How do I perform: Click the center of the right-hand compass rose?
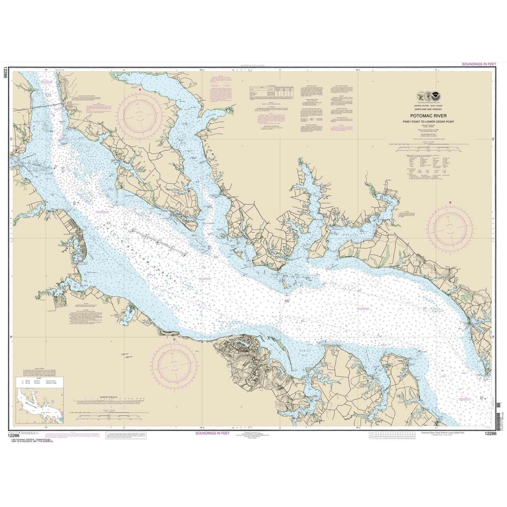click(450, 227)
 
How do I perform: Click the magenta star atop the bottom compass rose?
click(175, 339)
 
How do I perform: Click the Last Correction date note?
click(30, 441)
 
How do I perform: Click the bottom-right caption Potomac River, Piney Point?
click(446, 433)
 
